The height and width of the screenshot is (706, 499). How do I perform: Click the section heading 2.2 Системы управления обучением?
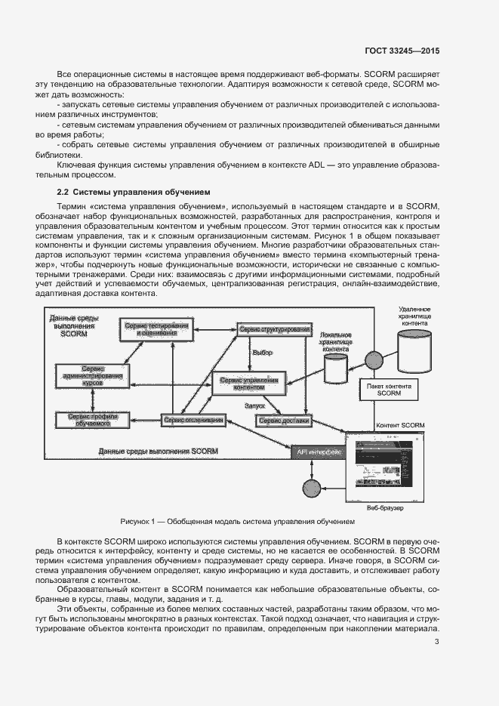[x=128, y=192]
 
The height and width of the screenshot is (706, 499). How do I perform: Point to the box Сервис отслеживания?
[x=193, y=420]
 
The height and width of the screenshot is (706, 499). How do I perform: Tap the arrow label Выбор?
[x=262, y=353]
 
